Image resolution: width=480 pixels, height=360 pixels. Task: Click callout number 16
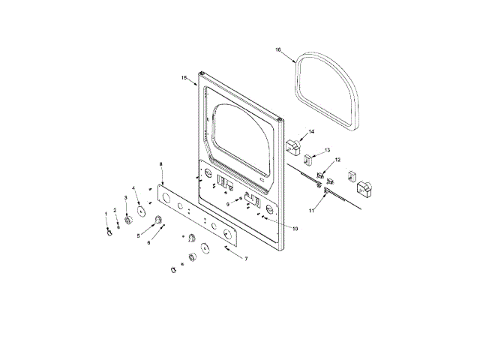coord(278,49)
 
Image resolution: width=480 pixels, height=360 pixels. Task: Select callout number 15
coord(184,78)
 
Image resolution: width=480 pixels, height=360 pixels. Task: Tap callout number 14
coord(311,132)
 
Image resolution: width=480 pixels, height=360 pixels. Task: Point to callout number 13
coord(327,150)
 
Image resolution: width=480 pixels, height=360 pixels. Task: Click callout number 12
coord(337,160)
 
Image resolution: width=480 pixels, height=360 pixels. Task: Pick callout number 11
coord(311,211)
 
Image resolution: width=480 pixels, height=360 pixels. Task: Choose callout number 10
coord(295,229)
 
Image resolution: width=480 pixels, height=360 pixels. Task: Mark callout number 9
coord(228,205)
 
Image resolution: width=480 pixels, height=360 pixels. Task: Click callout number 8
coord(161,164)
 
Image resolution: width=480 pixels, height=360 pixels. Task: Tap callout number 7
coord(246,259)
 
